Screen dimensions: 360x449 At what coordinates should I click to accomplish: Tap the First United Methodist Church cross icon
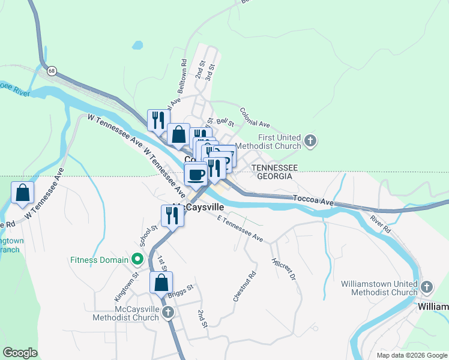point(310,142)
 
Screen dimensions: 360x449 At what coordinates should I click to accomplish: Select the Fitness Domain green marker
point(137,260)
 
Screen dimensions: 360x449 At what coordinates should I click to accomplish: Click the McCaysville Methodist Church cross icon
point(168,313)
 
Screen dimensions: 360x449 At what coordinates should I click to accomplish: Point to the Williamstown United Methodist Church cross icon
point(427,287)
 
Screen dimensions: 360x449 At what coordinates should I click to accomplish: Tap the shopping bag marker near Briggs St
point(161,283)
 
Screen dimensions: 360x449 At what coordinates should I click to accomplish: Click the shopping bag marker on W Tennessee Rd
point(22,193)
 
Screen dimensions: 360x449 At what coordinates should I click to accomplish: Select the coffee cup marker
point(196,175)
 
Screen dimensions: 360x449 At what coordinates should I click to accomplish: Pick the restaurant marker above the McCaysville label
point(172,216)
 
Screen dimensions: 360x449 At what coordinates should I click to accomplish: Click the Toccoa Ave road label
point(313,200)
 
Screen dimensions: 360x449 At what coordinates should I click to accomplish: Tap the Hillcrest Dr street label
point(284,269)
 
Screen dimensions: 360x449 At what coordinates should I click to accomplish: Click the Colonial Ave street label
point(255,117)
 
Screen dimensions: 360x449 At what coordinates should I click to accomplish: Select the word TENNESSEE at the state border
point(274,167)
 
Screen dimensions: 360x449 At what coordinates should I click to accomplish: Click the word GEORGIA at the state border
point(274,176)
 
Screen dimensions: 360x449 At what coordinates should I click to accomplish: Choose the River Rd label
point(381,223)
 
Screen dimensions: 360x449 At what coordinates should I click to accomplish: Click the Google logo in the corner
point(20,353)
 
